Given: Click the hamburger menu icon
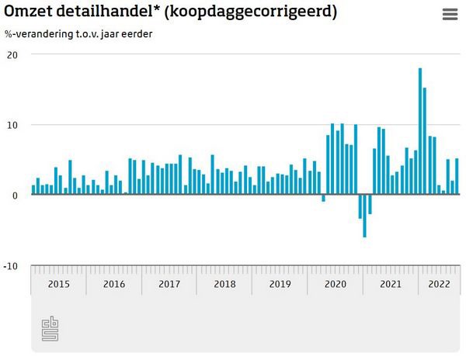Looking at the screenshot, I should pyautogui.click(x=450, y=14).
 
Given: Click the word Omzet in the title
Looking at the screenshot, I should pyautogui.click(x=28, y=13).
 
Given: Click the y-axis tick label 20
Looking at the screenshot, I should pyautogui.click(x=12, y=54).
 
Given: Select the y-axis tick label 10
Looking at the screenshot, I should pyautogui.click(x=12, y=125).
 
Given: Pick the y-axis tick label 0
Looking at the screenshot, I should pyautogui.click(x=16, y=196).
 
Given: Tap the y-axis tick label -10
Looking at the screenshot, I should pyautogui.click(x=11, y=266).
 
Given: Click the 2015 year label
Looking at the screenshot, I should pyautogui.click(x=59, y=284).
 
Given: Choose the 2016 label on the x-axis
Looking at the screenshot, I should pyautogui.click(x=114, y=284).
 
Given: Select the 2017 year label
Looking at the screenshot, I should pyautogui.click(x=169, y=284).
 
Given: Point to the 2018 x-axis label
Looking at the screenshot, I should pyautogui.click(x=224, y=284).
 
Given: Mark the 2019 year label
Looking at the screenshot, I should pyautogui.click(x=280, y=284).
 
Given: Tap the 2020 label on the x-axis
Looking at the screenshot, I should pyautogui.click(x=335, y=284).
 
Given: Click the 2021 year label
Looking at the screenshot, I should pyautogui.click(x=390, y=284).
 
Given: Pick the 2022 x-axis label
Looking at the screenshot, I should pyautogui.click(x=438, y=284).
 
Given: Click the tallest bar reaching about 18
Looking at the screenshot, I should pyautogui.click(x=420, y=132).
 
